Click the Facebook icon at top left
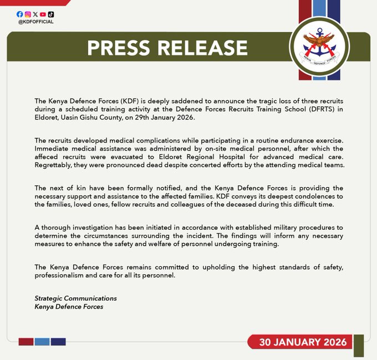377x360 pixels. [x=20, y=14]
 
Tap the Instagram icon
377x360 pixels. [x=28, y=14]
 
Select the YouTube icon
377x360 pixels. [x=43, y=14]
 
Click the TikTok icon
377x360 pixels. [x=51, y=14]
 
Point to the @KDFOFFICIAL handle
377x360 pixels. [x=35, y=22]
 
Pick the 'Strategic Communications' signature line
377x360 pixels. [x=75, y=298]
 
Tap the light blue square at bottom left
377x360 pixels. [x=42, y=342]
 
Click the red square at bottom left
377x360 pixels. [x=26, y=342]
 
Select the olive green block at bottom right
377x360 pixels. [x=359, y=344]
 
